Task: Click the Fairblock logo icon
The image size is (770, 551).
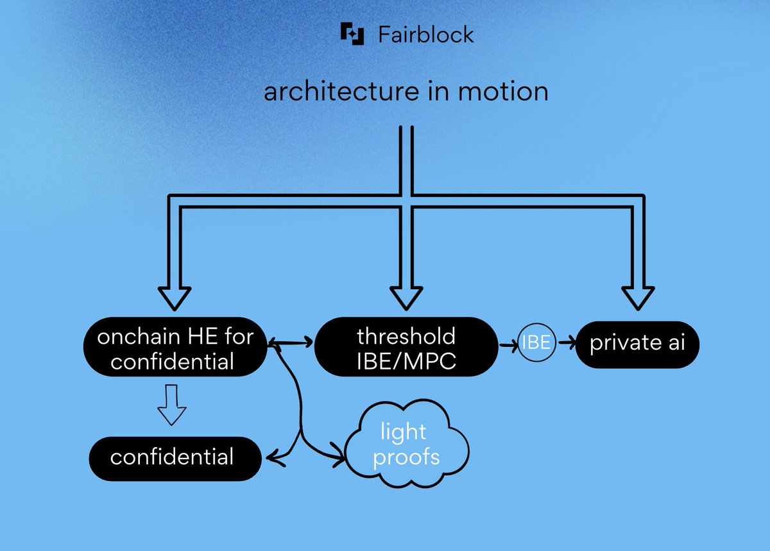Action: [x=352, y=33]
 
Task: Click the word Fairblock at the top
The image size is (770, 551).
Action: [x=425, y=34]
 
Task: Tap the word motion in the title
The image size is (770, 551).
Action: [x=503, y=92]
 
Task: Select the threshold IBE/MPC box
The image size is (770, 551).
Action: [x=406, y=348]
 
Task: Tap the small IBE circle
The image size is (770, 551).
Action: [x=536, y=343]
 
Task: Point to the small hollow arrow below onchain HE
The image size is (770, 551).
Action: [x=171, y=405]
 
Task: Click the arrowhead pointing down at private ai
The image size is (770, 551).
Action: [x=638, y=296]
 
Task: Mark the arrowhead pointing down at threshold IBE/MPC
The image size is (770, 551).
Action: [x=407, y=296]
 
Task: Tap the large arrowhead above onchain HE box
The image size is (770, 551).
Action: [x=175, y=296]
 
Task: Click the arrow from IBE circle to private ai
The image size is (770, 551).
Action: [x=567, y=343]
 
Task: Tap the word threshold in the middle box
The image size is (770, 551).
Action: [x=406, y=335]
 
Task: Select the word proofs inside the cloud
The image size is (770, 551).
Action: [x=407, y=457]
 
